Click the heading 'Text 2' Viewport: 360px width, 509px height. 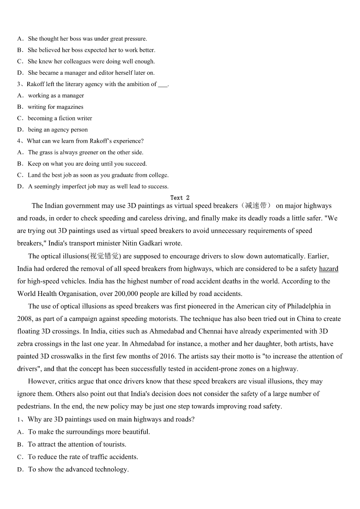[x=180, y=198]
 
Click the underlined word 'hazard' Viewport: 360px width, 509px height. [x=328, y=269]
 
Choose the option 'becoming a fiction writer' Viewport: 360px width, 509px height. [x=60, y=118]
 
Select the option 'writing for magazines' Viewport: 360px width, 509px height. [x=55, y=107]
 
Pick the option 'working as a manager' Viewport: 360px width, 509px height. [x=56, y=96]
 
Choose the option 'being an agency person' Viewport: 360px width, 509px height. [x=58, y=130]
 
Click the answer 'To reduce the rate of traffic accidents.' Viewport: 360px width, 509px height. [x=83, y=457]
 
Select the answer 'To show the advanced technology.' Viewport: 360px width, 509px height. [x=78, y=469]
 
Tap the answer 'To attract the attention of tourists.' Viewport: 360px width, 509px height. [x=77, y=444]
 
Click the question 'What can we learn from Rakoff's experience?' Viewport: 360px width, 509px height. [x=85, y=141]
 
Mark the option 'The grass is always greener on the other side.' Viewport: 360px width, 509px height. [x=85, y=152]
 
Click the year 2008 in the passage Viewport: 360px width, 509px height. [x=25, y=319]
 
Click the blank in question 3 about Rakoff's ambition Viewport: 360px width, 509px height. [x=163, y=84]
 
